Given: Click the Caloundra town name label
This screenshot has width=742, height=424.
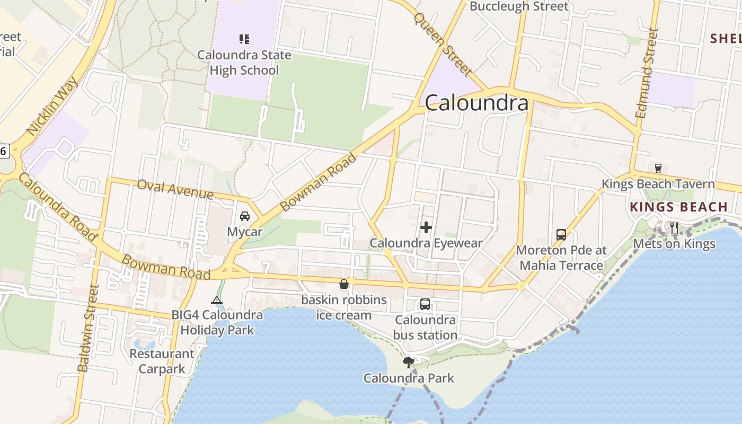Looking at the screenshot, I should (476, 103).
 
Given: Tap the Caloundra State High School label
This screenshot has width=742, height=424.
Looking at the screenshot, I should (244, 63).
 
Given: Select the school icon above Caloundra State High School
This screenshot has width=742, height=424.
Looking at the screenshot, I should (244, 39).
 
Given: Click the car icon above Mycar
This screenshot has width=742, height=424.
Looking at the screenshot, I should (245, 216).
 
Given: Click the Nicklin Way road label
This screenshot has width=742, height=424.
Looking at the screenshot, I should (52, 106).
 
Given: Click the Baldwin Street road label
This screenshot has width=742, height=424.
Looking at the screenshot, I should (89, 328).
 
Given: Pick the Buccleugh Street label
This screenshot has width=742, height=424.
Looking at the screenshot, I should (519, 6).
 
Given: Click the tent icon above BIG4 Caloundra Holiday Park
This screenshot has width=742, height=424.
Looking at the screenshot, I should (217, 301).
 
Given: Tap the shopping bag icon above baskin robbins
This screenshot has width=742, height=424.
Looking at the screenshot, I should (344, 285).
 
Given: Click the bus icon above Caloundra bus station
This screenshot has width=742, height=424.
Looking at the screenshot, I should (425, 304).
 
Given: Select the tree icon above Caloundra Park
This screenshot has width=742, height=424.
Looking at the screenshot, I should (408, 363).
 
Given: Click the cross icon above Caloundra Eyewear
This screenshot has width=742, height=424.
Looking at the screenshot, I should (426, 228).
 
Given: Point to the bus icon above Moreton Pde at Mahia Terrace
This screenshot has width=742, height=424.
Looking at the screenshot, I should (561, 234).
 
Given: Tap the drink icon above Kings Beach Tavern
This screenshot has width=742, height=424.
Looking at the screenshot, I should (658, 169).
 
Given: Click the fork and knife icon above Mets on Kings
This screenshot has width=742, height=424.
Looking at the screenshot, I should (674, 228).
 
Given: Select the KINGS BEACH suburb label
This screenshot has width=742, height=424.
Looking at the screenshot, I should (679, 207).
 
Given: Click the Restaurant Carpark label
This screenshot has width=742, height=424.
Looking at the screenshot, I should (162, 361).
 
